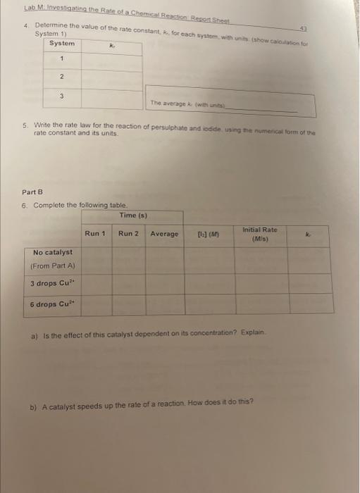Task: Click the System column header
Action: [x=62, y=44]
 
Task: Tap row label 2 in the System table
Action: [x=62, y=77]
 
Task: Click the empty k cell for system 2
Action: [x=111, y=78]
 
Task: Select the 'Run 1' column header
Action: [x=95, y=233]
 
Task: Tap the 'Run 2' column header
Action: [x=128, y=233]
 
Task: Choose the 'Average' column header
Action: [x=164, y=234]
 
